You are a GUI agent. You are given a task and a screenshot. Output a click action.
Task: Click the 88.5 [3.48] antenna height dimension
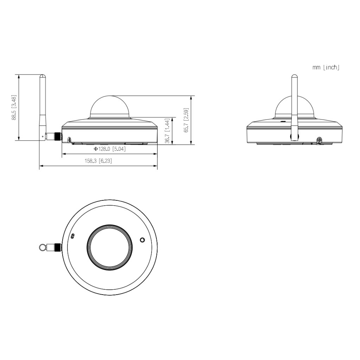(14, 108)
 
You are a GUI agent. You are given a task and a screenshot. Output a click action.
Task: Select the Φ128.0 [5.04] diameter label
(110, 149)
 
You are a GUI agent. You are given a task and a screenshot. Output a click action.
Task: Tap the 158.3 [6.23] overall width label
(98, 161)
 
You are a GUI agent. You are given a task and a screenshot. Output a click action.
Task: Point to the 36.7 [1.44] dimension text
(168, 131)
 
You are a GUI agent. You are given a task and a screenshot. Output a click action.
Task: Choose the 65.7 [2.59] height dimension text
(186, 120)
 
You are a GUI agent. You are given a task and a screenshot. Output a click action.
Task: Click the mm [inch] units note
(326, 67)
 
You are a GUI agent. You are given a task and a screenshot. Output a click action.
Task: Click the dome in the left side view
(110, 107)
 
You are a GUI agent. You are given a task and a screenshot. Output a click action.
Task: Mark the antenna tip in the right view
(294, 75)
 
